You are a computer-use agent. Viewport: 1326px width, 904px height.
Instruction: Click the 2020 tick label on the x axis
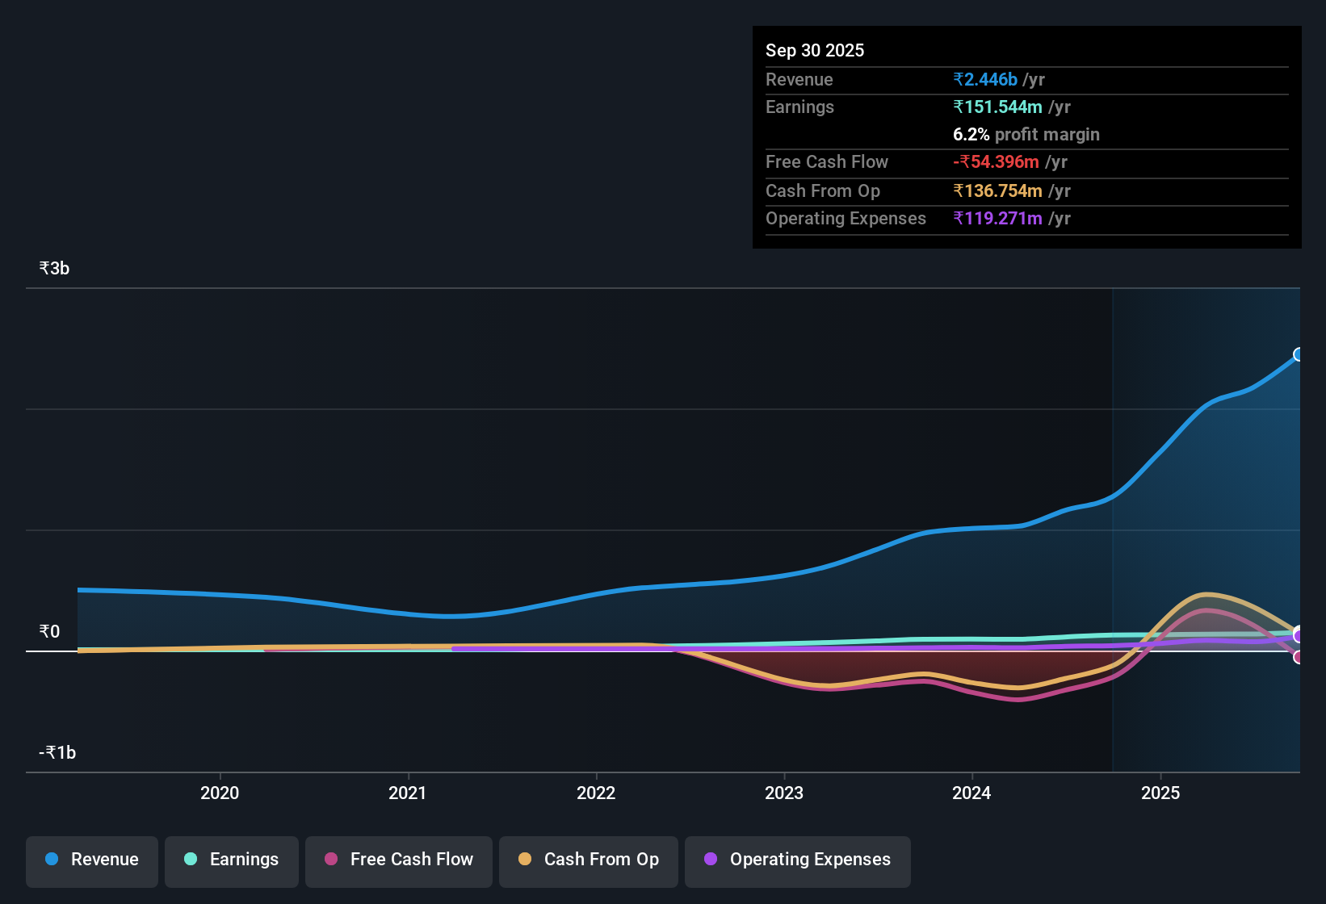(x=220, y=793)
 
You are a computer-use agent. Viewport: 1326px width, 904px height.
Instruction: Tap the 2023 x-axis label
(x=783, y=793)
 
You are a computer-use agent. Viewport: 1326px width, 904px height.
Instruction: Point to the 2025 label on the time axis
(x=1160, y=793)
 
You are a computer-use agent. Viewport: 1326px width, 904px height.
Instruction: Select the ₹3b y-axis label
(x=54, y=268)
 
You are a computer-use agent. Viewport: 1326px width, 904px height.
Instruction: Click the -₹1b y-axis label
(x=57, y=752)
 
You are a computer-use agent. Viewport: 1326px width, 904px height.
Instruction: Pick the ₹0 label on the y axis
(x=49, y=631)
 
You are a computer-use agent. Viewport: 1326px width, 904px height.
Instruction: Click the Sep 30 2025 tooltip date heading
(x=814, y=50)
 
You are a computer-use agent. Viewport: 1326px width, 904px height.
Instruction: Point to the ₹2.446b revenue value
(x=984, y=79)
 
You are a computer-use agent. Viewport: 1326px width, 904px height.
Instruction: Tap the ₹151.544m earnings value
(x=997, y=107)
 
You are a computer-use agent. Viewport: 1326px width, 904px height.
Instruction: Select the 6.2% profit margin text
(x=1026, y=134)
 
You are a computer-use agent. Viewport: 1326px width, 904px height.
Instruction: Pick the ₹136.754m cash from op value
(x=997, y=190)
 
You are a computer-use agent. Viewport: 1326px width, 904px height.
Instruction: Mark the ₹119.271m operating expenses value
(x=997, y=218)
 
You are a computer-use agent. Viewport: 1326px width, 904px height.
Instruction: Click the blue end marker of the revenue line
(x=1298, y=354)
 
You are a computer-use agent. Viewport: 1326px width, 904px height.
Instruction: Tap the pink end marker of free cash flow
(x=1298, y=657)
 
